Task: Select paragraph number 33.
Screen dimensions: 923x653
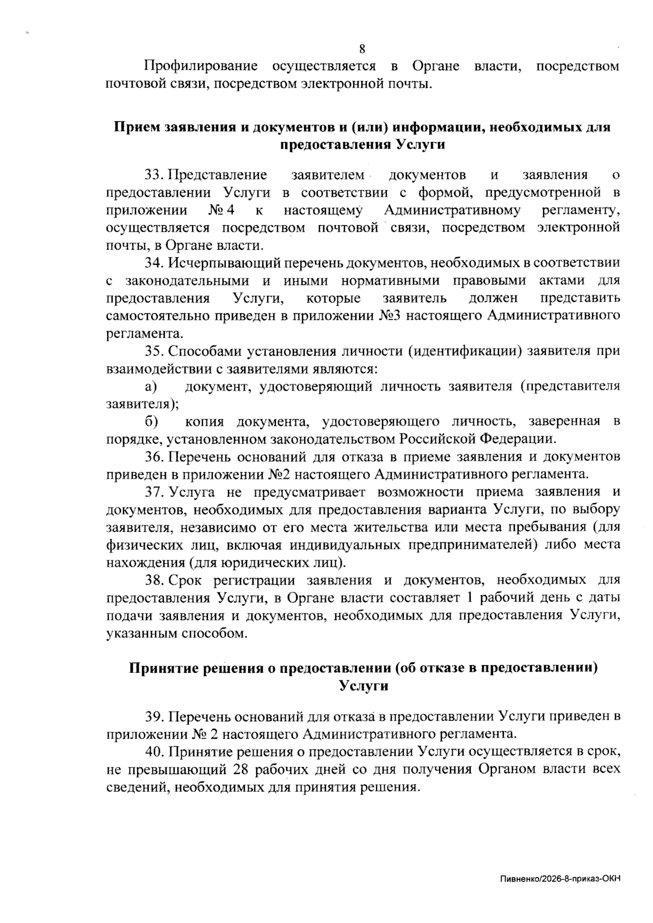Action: click(153, 175)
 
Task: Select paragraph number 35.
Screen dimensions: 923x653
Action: click(153, 351)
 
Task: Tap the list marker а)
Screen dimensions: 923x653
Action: click(151, 386)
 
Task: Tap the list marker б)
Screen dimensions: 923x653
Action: click(151, 421)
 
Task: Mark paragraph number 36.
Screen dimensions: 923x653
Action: click(153, 456)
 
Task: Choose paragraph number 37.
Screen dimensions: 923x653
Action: click(153, 492)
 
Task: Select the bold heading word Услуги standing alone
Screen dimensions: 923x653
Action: click(364, 685)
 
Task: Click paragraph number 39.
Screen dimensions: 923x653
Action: click(153, 716)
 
